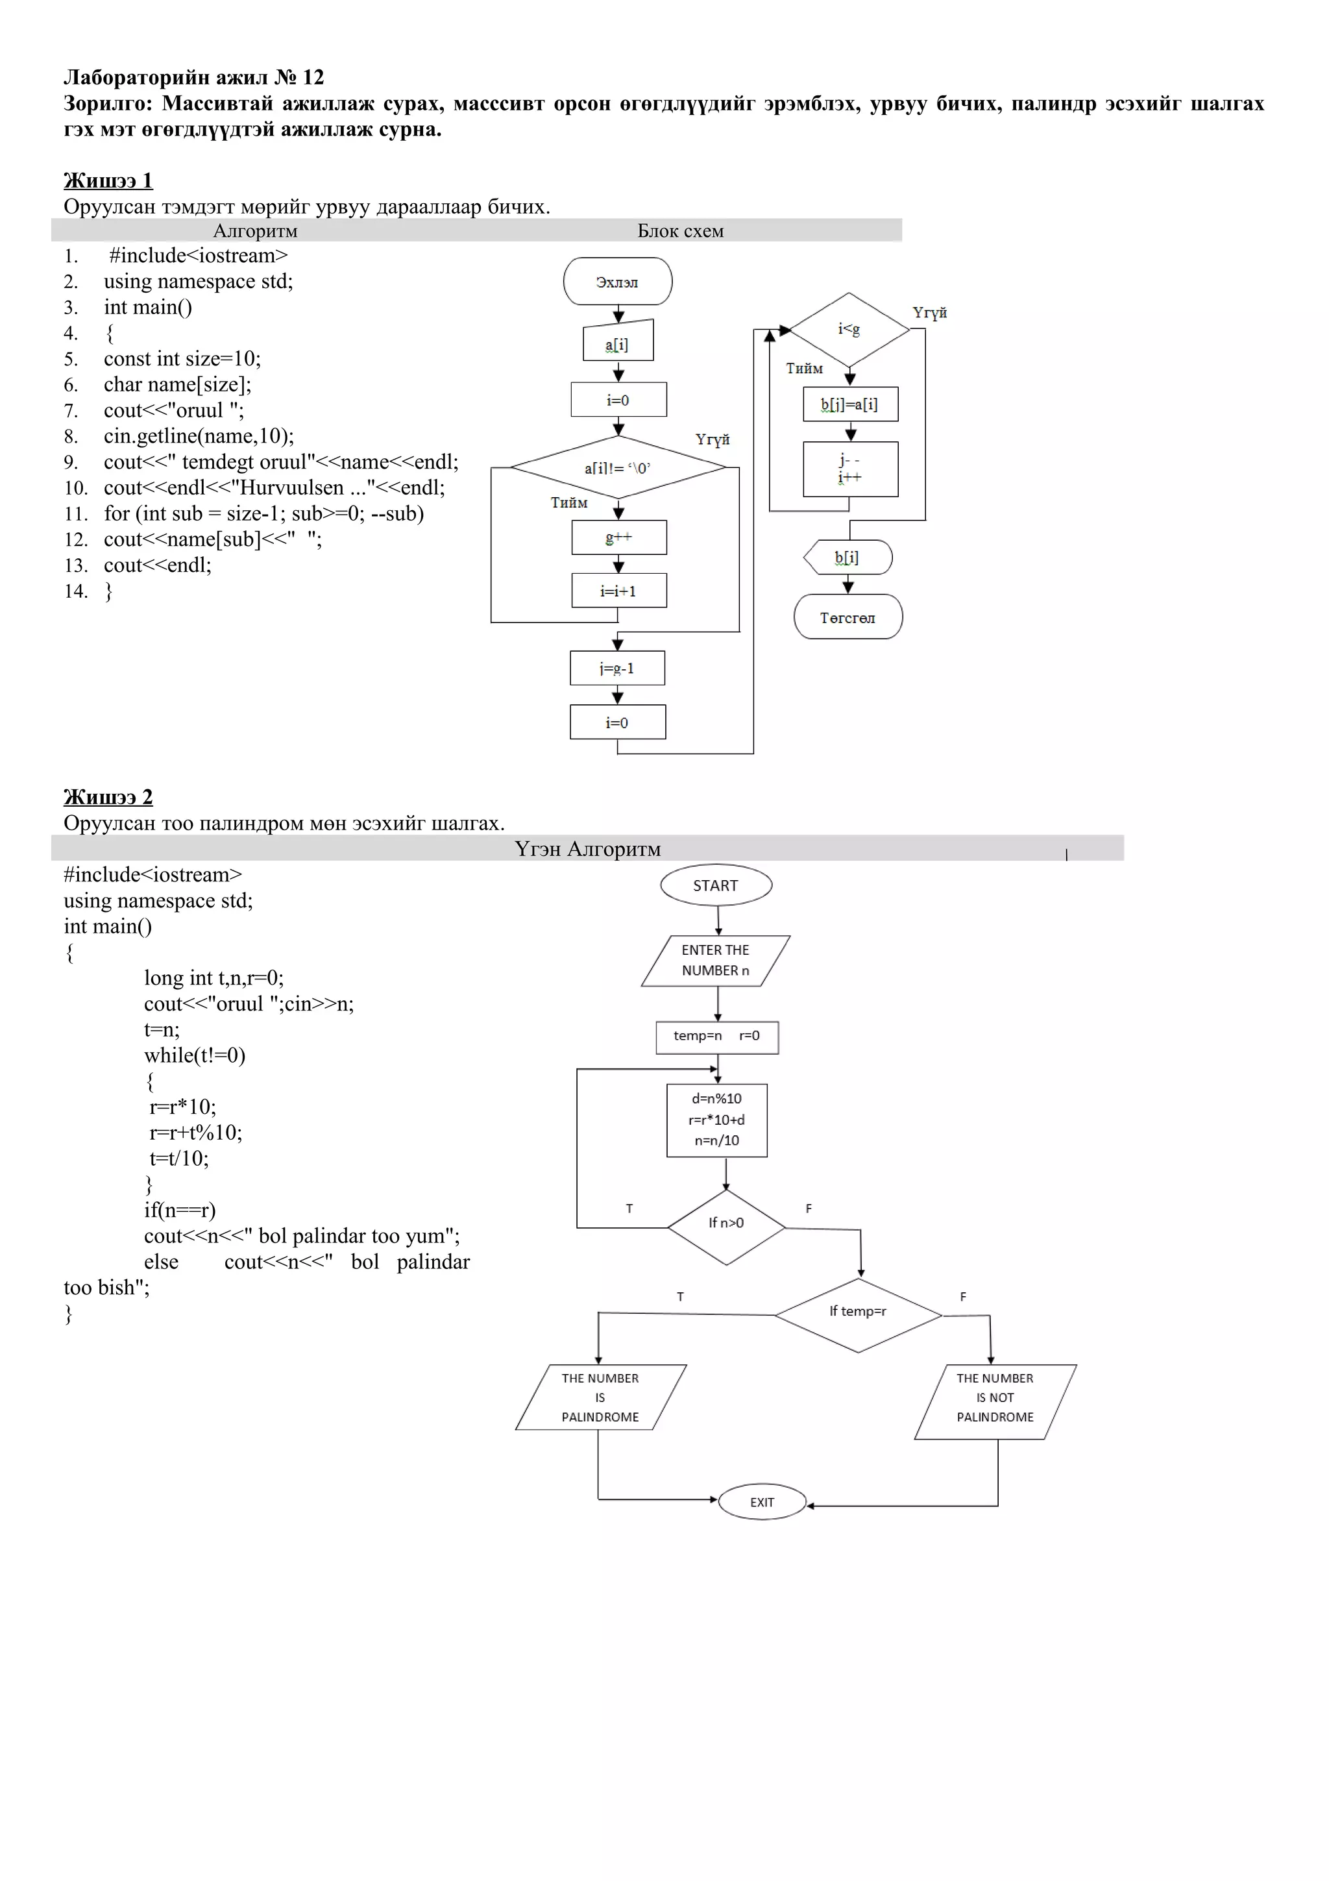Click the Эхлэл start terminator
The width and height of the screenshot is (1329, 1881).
(617, 282)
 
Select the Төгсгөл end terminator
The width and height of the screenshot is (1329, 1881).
(847, 618)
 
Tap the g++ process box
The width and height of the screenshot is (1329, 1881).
(618, 537)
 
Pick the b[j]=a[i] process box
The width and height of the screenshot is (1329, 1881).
(850, 404)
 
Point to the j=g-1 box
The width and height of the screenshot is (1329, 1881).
(616, 668)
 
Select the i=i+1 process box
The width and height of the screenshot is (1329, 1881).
(618, 591)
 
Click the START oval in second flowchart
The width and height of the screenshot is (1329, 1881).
(716, 885)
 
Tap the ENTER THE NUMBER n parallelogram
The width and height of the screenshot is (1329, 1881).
(715, 960)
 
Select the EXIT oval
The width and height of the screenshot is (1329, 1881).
(762, 1502)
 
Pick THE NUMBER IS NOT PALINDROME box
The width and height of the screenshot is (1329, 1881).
(994, 1401)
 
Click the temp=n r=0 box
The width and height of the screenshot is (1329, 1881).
(716, 1037)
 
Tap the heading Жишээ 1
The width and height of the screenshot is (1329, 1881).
(108, 180)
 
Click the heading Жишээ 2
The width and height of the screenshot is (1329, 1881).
(108, 796)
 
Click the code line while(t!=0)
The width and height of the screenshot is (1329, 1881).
(195, 1055)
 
